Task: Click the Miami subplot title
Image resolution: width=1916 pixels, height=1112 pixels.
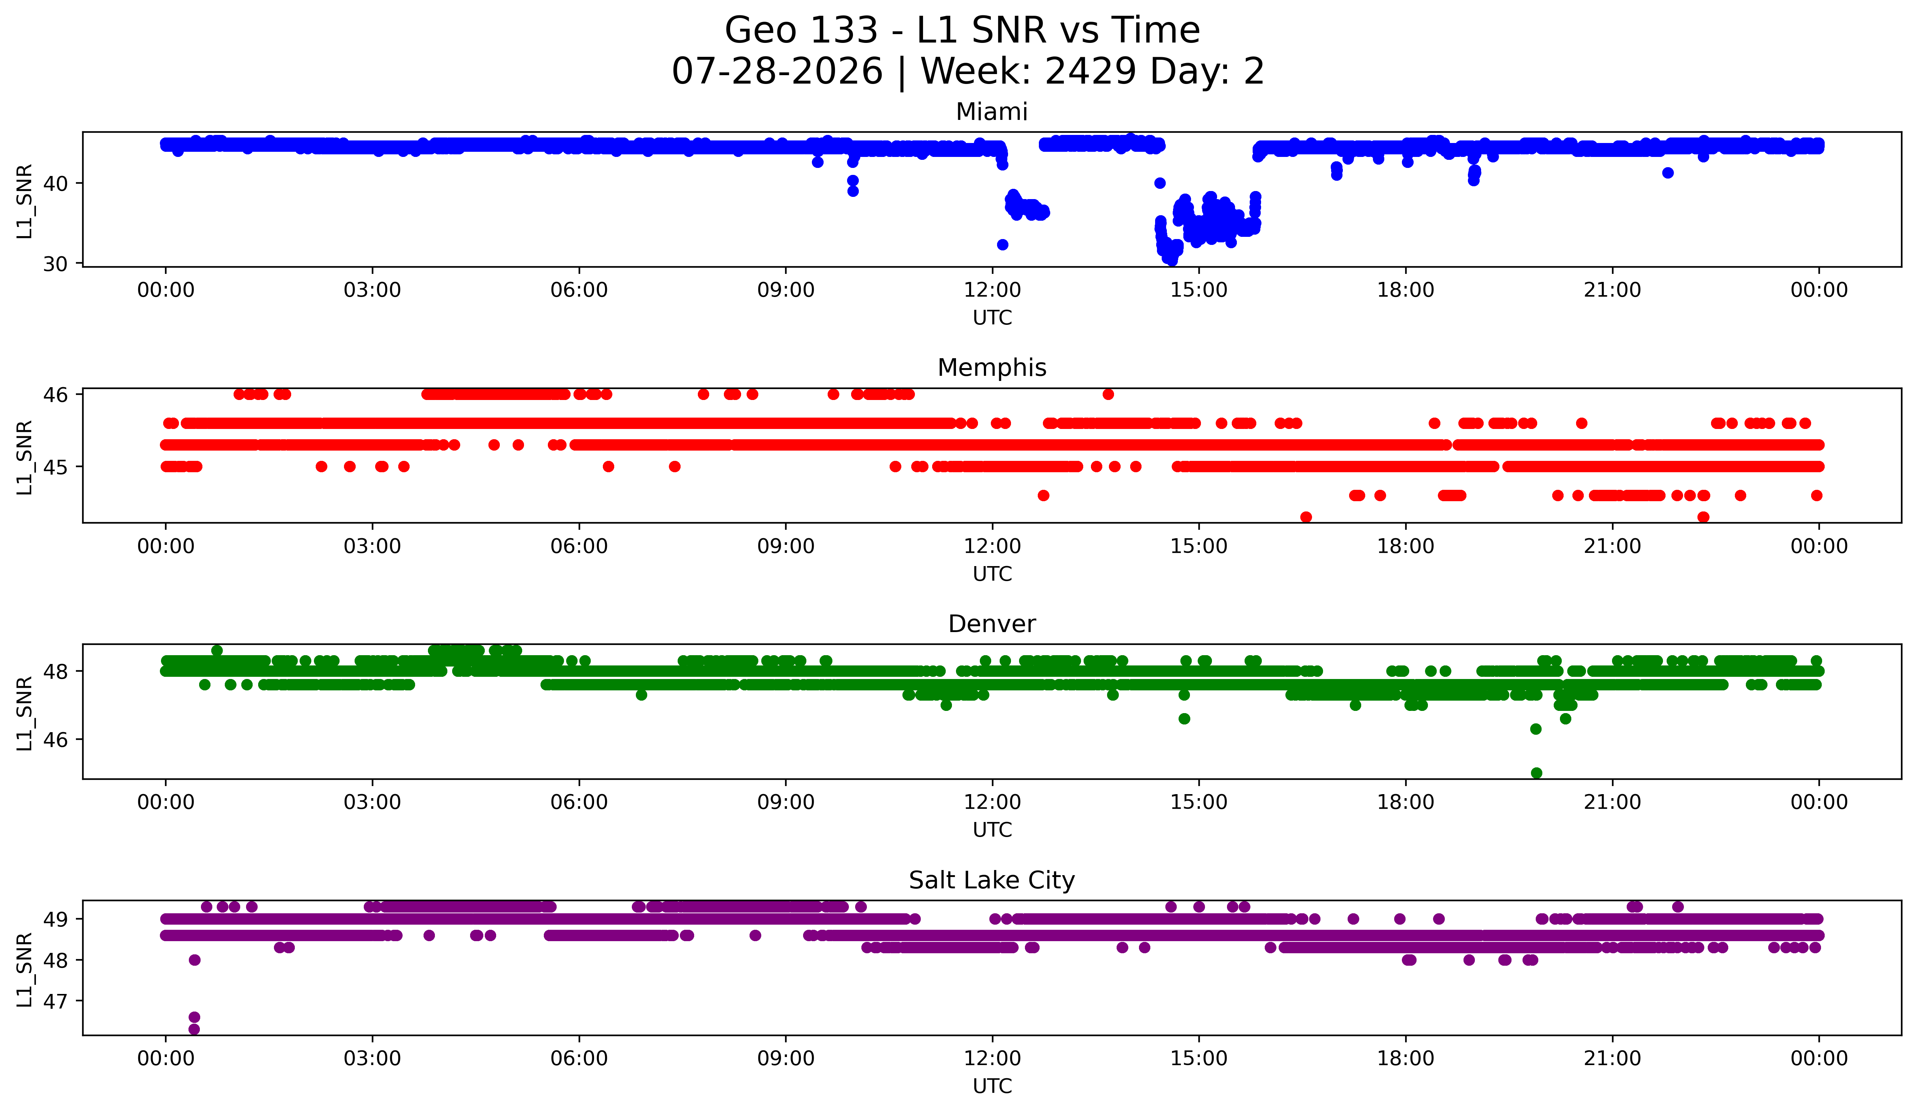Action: coord(992,112)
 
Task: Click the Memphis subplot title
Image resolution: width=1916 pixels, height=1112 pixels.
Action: coord(992,368)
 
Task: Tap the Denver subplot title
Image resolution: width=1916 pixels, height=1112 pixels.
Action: coord(992,624)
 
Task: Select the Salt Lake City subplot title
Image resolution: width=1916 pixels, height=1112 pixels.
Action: coord(992,880)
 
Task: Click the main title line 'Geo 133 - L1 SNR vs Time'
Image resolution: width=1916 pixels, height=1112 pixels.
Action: coord(962,30)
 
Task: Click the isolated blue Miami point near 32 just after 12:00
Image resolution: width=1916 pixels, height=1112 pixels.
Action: coord(1002,245)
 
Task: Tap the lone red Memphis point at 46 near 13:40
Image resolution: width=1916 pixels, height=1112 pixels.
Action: coord(1108,394)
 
